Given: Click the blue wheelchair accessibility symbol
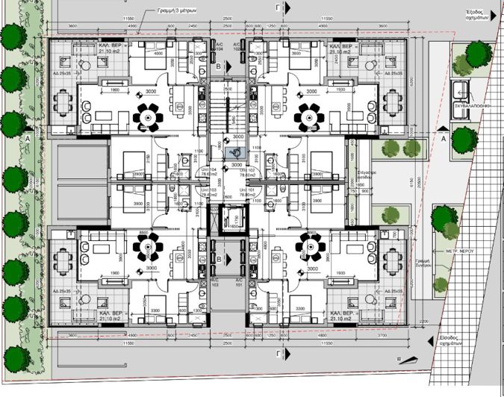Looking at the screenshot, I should click(235, 152).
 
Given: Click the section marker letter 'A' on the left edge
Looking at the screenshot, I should click(28, 139).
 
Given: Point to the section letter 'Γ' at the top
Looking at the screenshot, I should click(279, 7).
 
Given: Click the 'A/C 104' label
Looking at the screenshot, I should click(219, 47).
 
